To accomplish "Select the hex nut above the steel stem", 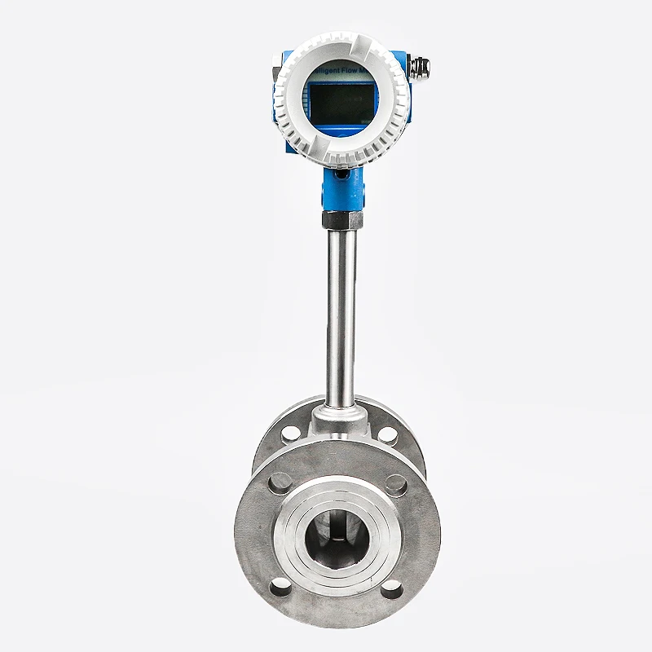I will coord(341,218).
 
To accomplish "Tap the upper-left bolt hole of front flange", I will coord(280,482).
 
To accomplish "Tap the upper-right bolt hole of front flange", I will coord(396,484).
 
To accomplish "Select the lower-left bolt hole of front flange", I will coord(279,584).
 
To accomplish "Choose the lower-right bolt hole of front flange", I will coord(395,587).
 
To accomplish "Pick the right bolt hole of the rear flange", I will coord(389,432).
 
